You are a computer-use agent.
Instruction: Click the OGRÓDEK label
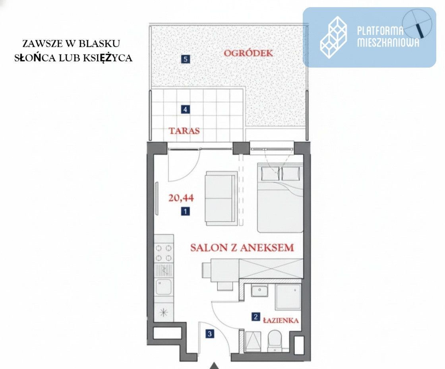[x=248, y=53]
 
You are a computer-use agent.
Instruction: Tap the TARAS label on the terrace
[x=184, y=131]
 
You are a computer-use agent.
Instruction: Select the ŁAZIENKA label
[x=281, y=320]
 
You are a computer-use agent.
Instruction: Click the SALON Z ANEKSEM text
[x=242, y=247]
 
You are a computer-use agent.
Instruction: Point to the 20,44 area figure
[x=181, y=198]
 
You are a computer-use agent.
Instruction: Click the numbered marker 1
[x=185, y=212]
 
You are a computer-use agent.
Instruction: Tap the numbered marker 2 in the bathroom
[x=256, y=317]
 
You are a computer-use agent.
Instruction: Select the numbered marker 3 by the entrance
[x=210, y=334]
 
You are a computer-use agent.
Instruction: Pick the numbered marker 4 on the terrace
[x=185, y=109]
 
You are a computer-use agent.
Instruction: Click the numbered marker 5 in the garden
[x=185, y=59]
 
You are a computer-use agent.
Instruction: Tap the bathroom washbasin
[x=259, y=291]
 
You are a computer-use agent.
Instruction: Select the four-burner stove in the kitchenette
[x=164, y=253]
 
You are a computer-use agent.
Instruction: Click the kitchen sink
[x=163, y=287]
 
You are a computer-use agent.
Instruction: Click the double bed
[x=280, y=198]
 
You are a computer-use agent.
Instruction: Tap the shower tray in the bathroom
[x=288, y=297]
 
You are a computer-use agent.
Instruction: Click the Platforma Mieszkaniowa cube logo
[x=334, y=37]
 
